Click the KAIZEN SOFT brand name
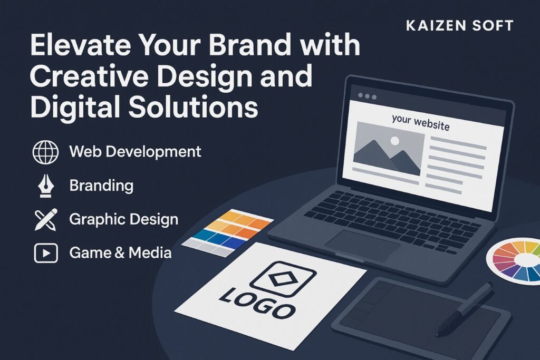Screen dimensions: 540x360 [x=460, y=25]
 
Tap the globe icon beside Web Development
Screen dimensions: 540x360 [x=45, y=152]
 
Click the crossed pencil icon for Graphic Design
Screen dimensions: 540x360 [x=46, y=219]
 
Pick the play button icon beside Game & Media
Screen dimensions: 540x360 [x=46, y=254]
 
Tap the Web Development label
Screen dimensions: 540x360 [x=135, y=151]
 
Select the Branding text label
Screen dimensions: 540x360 [x=101, y=186]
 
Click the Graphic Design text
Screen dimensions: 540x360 [x=123, y=220]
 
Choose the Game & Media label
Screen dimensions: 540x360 [x=120, y=253]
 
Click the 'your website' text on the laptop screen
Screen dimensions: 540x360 [x=420, y=122]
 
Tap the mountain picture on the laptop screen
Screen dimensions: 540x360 [x=389, y=148]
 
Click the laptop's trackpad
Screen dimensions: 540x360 [x=362, y=245]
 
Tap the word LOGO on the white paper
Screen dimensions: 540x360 [x=257, y=303]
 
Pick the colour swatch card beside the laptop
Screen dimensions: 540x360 [x=227, y=233]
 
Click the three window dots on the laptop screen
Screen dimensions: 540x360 [x=367, y=96]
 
